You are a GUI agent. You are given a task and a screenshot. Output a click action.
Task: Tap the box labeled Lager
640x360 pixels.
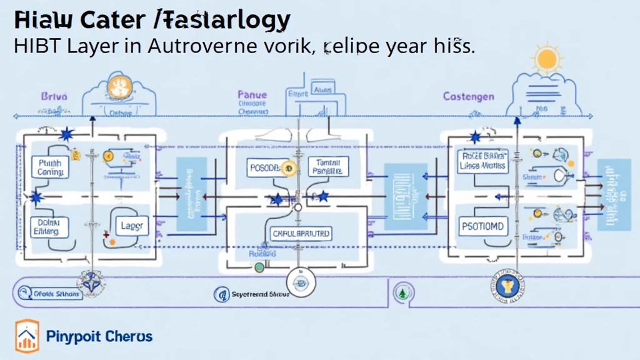pyautogui.click(x=132, y=226)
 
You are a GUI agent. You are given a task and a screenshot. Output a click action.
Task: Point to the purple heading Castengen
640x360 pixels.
pyautogui.click(x=469, y=97)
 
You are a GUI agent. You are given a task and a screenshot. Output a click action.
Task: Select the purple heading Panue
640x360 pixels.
pyautogui.click(x=252, y=95)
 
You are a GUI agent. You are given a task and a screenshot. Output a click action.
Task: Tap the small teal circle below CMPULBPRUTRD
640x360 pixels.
pyautogui.click(x=259, y=267)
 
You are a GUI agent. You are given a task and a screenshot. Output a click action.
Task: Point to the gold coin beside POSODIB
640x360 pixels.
pyautogui.click(x=287, y=167)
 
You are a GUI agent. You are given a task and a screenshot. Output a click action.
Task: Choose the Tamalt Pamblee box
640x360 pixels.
pyautogui.click(x=328, y=166)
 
